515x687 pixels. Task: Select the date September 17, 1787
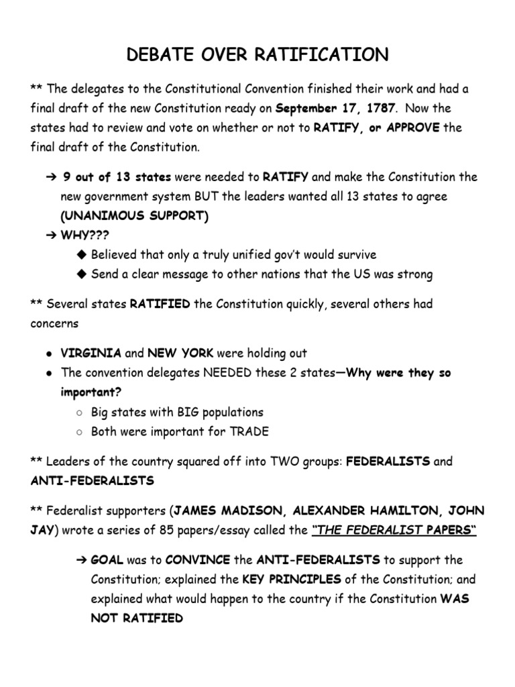[335, 108]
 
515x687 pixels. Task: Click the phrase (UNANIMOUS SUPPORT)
[134, 215]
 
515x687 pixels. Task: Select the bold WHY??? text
[85, 235]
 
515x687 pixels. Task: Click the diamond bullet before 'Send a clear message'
[82, 274]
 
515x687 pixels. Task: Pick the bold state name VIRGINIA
[91, 353]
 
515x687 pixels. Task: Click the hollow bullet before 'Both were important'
[79, 432]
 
